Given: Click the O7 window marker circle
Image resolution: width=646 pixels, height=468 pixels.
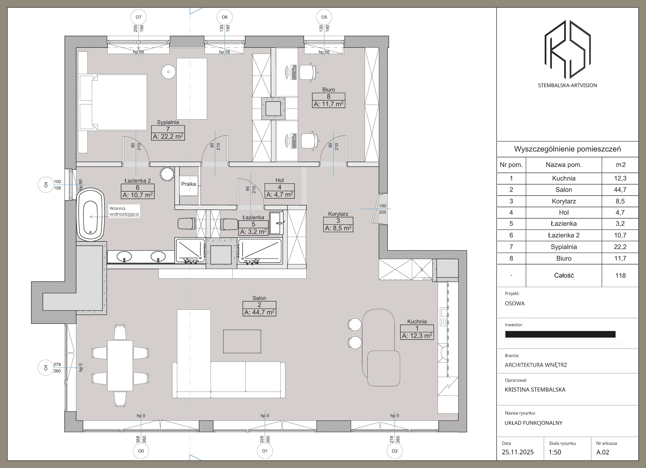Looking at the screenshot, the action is (x=138, y=17).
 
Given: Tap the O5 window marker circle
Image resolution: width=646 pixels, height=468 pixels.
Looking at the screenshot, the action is (x=324, y=17).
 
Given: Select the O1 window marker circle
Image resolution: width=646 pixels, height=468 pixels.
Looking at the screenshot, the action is (x=265, y=451).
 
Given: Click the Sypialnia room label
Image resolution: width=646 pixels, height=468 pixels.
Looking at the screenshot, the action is (x=168, y=122).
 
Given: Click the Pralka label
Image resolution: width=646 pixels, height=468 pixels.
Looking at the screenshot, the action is (x=189, y=184).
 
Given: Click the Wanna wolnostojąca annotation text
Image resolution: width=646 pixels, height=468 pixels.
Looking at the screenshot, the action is (x=124, y=211).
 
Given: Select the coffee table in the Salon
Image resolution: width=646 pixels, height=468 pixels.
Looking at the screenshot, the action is (x=242, y=341).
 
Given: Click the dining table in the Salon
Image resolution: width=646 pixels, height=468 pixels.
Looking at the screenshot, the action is (x=120, y=366).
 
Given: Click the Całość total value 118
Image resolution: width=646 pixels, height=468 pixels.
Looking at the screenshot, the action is (x=620, y=276).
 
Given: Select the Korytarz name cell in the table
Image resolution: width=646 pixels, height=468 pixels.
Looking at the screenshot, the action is (x=564, y=201).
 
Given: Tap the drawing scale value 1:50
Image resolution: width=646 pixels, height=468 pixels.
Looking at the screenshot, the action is (x=555, y=452).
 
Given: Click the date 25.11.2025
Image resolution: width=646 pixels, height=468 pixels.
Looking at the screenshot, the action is (x=518, y=452).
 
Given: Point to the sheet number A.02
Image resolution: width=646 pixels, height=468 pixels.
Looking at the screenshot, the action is (x=603, y=452).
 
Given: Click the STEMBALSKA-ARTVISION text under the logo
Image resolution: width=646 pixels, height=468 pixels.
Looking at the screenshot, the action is (x=567, y=85).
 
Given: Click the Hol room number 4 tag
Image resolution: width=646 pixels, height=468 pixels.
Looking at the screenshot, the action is (x=279, y=187).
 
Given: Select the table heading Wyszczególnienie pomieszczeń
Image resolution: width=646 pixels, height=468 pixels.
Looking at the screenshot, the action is (x=567, y=149).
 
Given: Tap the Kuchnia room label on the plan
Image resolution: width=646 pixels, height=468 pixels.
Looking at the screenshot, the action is (x=417, y=321).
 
